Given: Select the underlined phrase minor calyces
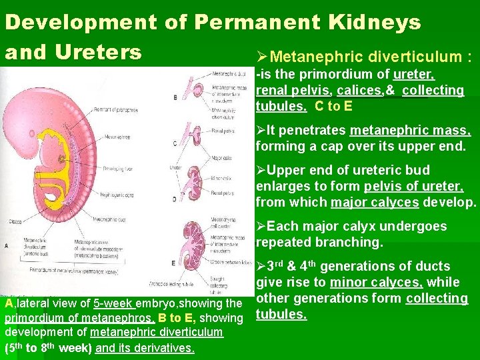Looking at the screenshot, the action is coord(375,282).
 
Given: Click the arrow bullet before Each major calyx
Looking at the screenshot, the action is coord(261,226).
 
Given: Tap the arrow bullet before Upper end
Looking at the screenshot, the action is coord(261,170).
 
